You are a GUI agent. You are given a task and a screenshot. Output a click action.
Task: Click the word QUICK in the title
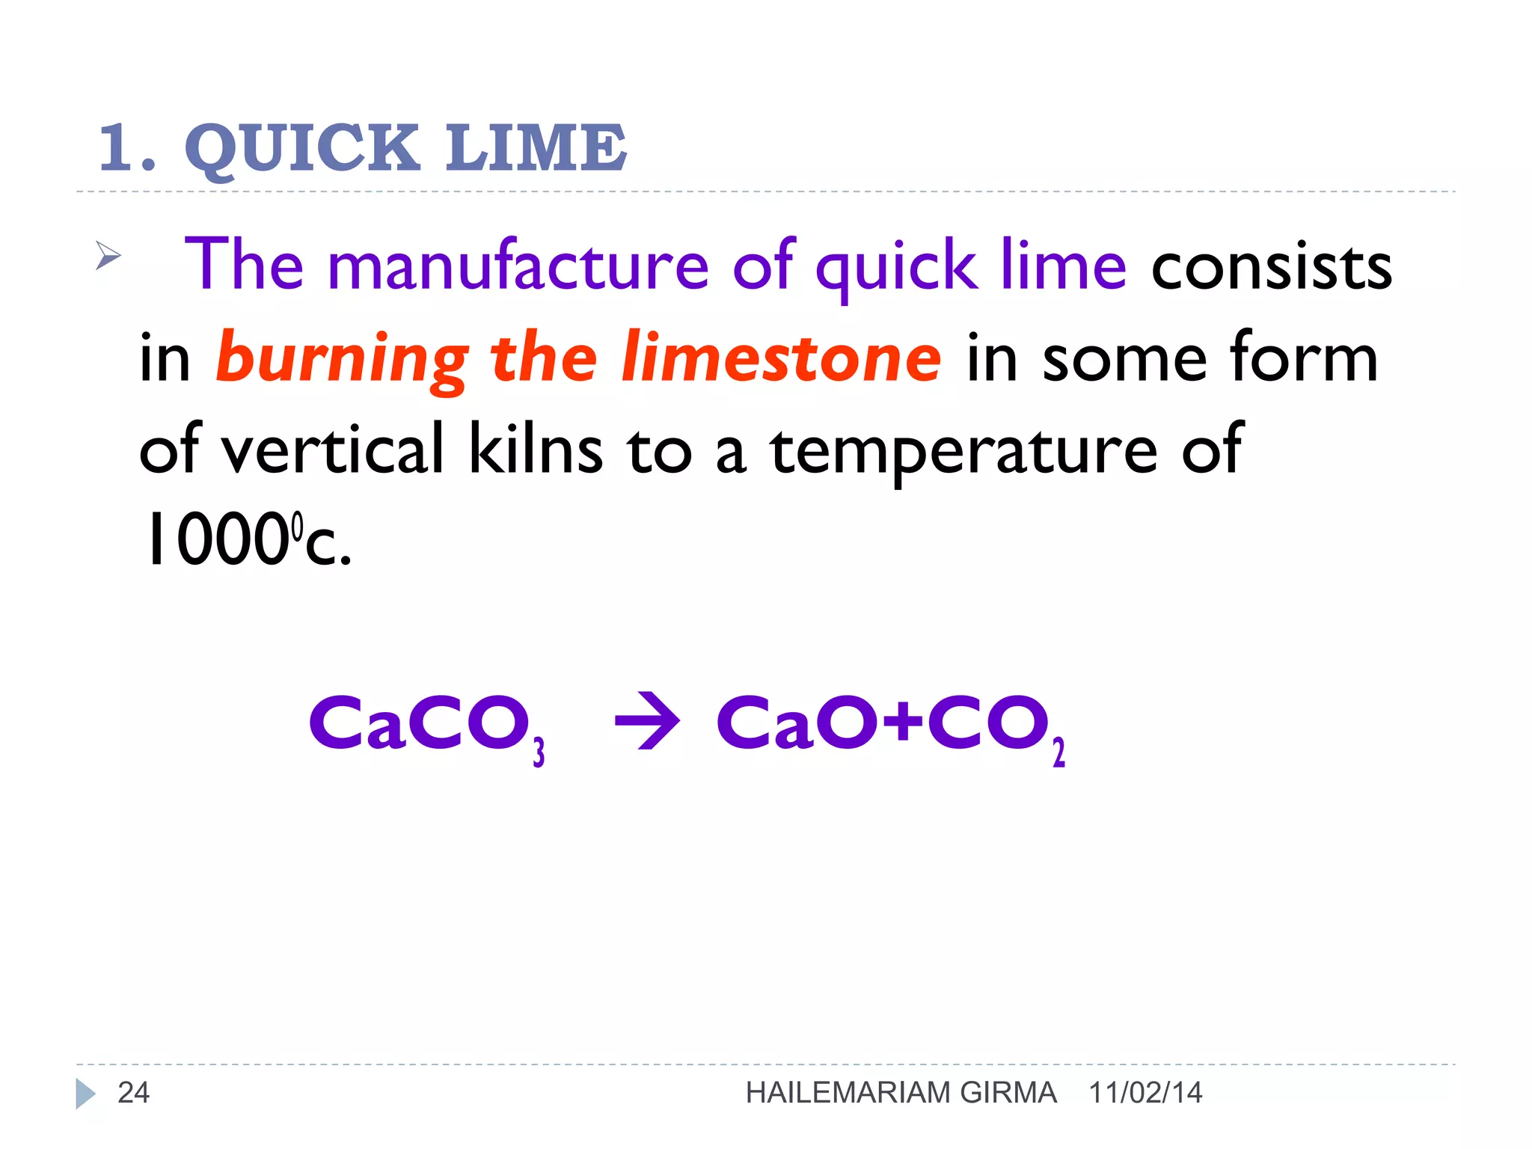[x=302, y=148]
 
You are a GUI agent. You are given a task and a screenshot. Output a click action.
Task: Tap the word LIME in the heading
[x=536, y=147]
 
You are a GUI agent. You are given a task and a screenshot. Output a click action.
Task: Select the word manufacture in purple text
[x=518, y=266]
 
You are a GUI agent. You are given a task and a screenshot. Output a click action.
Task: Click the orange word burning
[x=342, y=359]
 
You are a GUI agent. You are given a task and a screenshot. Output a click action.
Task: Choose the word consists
[x=1271, y=268]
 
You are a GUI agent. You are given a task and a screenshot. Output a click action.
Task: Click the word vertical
[x=334, y=450]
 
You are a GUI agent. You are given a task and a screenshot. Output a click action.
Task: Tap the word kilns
[x=535, y=450]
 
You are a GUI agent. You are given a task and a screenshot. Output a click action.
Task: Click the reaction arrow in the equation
[x=647, y=722]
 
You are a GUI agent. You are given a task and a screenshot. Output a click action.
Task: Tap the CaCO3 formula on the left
[x=426, y=724]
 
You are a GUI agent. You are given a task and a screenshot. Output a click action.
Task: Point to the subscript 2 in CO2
[x=1058, y=752]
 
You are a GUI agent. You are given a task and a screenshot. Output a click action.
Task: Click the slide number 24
[x=134, y=1093]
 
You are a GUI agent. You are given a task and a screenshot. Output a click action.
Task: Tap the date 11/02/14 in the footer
[x=1145, y=1093]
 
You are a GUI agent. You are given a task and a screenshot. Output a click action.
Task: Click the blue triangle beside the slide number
[x=85, y=1094]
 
